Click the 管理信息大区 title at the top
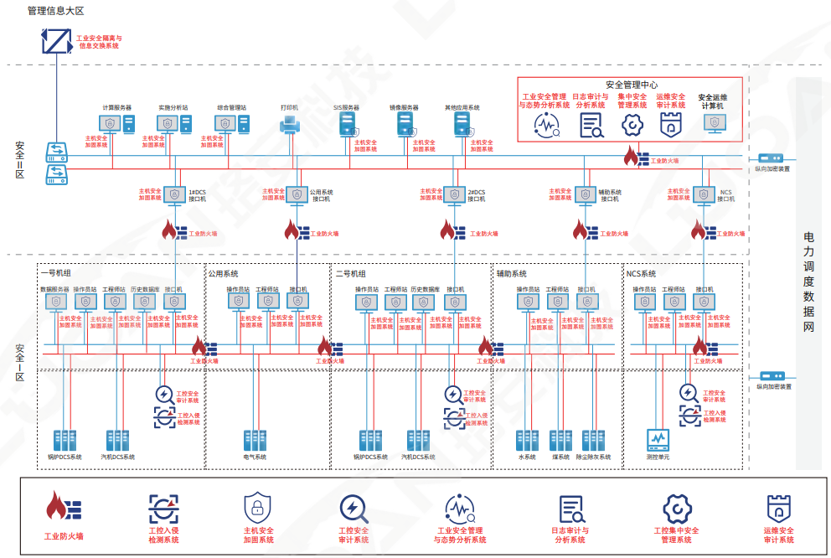point(56,11)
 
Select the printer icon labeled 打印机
point(290,126)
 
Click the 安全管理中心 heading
point(631,85)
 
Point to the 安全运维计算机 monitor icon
point(714,123)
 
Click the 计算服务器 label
point(116,108)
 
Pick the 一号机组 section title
point(55,273)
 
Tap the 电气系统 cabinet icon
point(255,441)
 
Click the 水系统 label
point(526,457)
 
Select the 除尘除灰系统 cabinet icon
point(593,441)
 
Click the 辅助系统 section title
point(511,273)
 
